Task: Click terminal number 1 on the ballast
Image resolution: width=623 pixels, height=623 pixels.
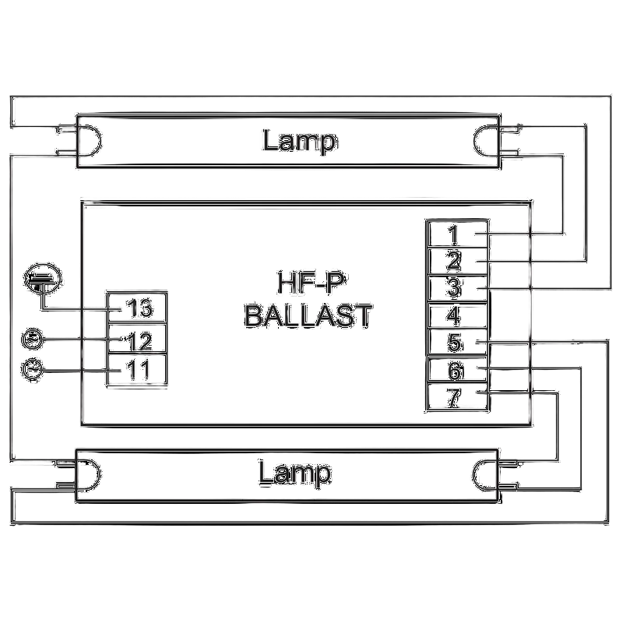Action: click(x=457, y=234)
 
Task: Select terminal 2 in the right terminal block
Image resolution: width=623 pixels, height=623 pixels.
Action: click(x=457, y=261)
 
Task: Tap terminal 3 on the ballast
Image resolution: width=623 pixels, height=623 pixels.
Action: click(x=457, y=288)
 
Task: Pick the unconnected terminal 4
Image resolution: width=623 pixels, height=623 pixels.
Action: click(x=457, y=315)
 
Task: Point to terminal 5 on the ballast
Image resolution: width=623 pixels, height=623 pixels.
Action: click(x=457, y=342)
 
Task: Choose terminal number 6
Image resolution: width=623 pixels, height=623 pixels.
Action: click(x=457, y=369)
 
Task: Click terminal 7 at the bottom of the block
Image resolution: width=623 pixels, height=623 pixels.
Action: click(x=457, y=396)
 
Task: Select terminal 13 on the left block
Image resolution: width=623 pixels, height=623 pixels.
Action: click(x=137, y=308)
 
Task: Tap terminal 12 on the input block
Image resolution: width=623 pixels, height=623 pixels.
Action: click(x=137, y=339)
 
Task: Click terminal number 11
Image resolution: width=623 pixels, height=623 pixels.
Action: click(x=137, y=369)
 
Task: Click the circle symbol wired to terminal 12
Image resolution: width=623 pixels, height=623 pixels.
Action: click(x=32, y=339)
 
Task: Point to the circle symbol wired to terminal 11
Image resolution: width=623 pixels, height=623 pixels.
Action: click(x=32, y=369)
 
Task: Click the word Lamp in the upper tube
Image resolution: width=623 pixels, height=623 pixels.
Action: click(x=300, y=141)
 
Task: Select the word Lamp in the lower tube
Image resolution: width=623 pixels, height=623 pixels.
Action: click(x=294, y=473)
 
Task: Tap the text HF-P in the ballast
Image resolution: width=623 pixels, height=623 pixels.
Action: click(x=311, y=282)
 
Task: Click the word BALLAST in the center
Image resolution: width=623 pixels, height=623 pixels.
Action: click(x=308, y=316)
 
